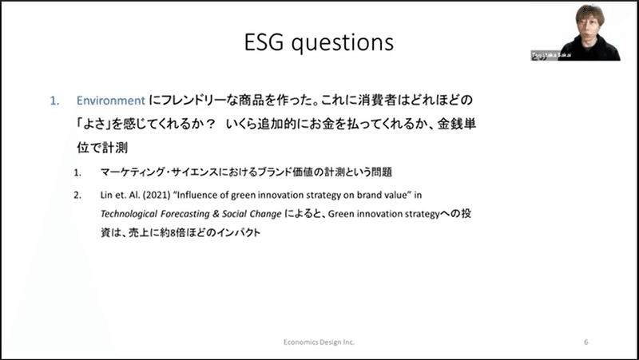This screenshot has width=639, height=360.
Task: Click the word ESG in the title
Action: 264,42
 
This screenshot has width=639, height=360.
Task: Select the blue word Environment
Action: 111,101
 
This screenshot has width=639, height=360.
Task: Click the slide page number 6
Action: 586,342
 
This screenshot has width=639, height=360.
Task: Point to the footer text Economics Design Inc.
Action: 319,342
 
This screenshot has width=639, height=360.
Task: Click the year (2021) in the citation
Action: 157,195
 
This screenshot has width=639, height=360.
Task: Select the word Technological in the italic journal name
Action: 129,214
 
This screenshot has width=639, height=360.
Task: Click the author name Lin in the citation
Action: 106,195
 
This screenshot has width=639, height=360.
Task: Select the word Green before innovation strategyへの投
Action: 340,214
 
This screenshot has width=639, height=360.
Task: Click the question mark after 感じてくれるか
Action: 209,125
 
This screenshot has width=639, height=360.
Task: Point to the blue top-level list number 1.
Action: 54,101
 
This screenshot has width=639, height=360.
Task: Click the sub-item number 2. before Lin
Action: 77,195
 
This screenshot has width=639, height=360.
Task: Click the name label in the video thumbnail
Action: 550,55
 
